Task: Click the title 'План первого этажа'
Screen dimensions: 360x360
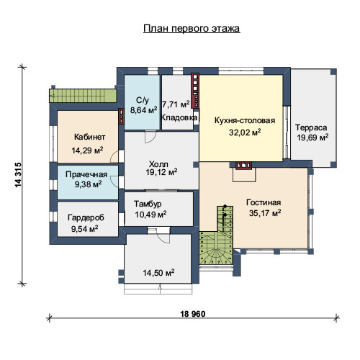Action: point(192,29)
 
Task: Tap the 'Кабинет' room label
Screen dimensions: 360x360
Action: point(89,137)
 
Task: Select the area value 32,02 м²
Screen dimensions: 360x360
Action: point(245,132)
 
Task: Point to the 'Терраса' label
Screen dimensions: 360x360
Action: point(311,127)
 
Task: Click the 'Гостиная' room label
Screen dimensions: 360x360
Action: point(264,202)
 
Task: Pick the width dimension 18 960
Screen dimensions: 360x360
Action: point(192,314)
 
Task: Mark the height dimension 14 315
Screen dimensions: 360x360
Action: point(18,175)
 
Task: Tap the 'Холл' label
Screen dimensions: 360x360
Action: point(158,164)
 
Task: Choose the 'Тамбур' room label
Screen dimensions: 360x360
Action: point(148,204)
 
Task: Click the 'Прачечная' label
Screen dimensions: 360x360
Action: point(86,174)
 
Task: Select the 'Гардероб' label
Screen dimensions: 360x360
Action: point(86,217)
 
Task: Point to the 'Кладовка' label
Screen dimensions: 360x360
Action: point(179,117)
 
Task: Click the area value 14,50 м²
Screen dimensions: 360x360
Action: point(158,273)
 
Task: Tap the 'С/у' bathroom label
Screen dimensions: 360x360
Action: point(143,100)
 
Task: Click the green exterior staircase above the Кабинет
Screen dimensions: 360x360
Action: point(83,96)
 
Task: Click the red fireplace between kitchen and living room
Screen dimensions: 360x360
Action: point(244,166)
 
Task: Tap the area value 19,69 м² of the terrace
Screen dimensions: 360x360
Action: point(312,138)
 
